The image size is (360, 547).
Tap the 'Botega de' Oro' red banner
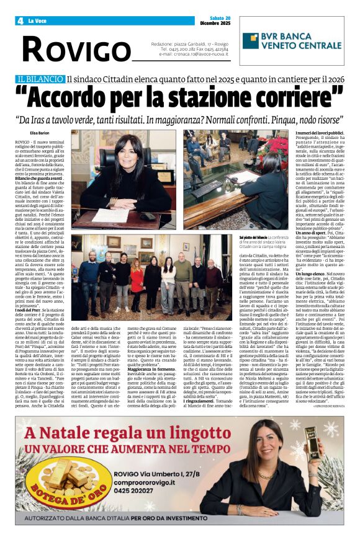(x=77, y=497)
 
